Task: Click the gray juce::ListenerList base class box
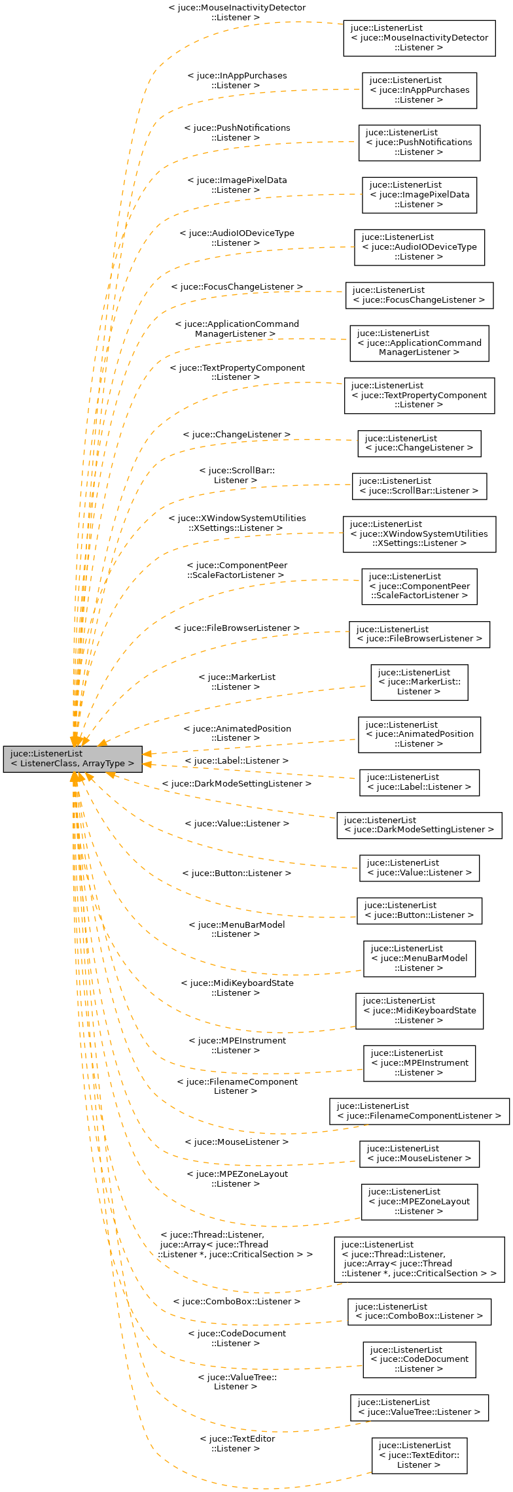72,758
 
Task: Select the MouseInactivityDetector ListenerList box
419,38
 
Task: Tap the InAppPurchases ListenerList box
419,90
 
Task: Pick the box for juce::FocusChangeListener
419,295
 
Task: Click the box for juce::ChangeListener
419,443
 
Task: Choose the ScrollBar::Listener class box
419,486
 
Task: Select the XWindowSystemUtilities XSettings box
419,534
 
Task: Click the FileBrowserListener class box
419,634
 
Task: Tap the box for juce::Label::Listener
419,782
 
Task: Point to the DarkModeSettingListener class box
419,825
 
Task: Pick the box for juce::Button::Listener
419,910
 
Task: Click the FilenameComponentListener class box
419,1111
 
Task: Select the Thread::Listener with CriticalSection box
419,1259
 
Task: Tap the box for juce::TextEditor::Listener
419,1455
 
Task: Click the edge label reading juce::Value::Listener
237,824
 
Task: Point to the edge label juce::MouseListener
237,1142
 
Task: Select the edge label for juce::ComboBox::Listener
237,1301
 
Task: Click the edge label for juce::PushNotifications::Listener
237,133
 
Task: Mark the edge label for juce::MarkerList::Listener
237,682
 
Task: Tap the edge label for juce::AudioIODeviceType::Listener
237,238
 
